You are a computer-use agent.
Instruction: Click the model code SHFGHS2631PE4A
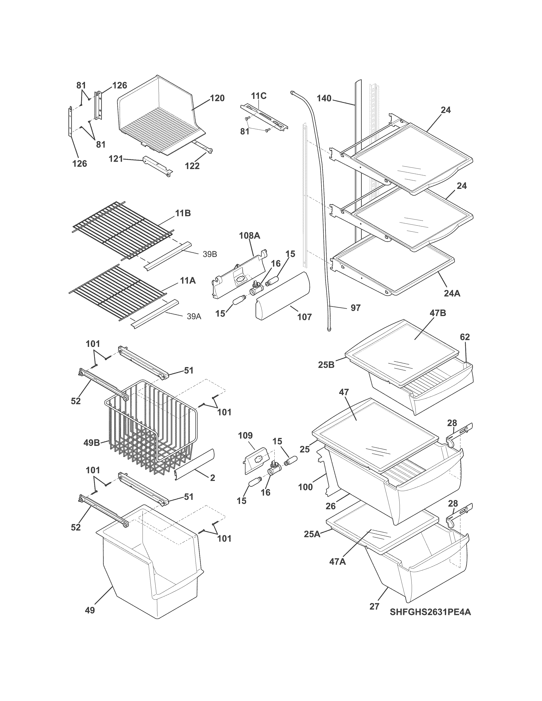pos(430,612)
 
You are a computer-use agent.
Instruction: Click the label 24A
pos(452,293)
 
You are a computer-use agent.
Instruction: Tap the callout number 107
pos(304,317)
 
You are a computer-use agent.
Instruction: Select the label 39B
pos(210,254)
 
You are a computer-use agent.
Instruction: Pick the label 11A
pos(187,281)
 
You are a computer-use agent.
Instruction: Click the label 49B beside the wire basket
pos(92,443)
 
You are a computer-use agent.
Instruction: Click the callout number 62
pos(465,337)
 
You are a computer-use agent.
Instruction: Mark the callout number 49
pos(90,610)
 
